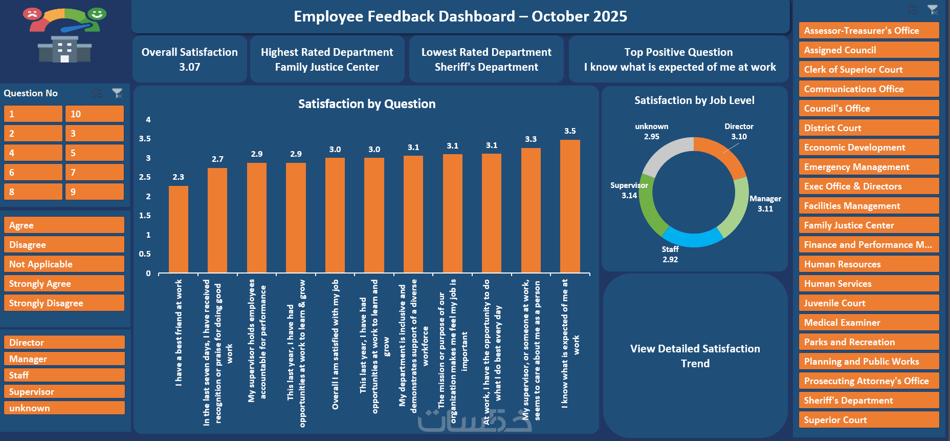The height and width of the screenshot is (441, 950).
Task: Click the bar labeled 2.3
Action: click(178, 229)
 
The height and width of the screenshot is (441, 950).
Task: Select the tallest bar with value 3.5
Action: click(570, 206)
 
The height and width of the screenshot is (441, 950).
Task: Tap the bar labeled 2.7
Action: click(217, 220)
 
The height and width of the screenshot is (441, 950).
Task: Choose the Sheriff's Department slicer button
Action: click(869, 401)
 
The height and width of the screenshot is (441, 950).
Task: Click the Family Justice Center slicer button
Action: click(869, 225)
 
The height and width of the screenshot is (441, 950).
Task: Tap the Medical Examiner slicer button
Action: click(869, 323)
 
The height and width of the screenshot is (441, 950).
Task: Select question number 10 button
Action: click(94, 114)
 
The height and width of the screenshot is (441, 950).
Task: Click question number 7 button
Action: click(94, 173)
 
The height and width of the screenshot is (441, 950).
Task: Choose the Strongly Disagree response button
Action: click(64, 303)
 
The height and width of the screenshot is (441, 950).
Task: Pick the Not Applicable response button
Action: click(64, 264)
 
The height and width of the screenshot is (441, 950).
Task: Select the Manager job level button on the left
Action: click(64, 359)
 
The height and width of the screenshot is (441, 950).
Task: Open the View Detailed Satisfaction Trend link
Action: click(695, 356)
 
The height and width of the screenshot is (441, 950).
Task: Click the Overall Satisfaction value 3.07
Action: click(189, 67)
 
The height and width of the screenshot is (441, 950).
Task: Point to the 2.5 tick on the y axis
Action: click(145, 177)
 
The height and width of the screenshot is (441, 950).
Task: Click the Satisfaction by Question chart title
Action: click(367, 104)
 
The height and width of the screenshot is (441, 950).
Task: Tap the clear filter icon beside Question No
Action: click(118, 93)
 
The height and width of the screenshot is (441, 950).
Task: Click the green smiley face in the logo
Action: click(97, 14)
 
